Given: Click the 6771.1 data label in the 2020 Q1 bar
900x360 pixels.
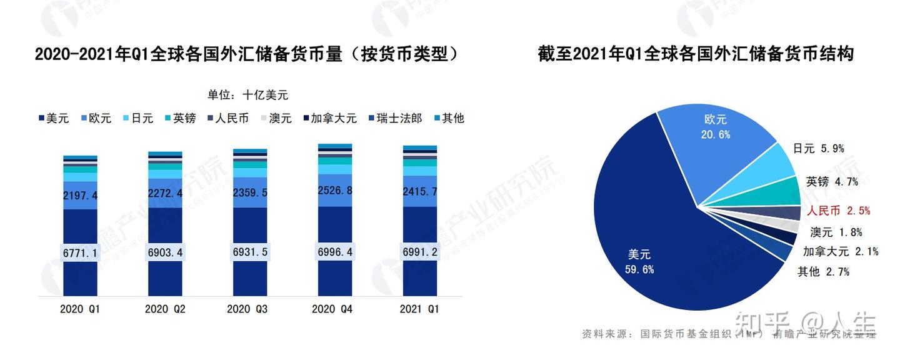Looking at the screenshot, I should [80, 253].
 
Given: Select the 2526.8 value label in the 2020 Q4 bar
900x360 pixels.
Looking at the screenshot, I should [335, 190].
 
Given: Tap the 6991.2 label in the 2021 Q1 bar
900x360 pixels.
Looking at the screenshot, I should [420, 253].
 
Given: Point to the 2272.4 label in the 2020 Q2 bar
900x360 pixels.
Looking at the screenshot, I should [165, 194].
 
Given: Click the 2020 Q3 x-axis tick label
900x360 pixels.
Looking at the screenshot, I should [247, 309].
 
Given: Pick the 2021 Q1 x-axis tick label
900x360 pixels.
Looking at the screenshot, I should [419, 309].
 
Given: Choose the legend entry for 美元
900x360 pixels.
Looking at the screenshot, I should [54, 118].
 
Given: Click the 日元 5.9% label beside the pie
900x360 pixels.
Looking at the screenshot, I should [818, 149].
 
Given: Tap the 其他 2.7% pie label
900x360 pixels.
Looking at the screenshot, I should [823, 272].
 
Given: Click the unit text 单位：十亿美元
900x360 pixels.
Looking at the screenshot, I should [248, 95].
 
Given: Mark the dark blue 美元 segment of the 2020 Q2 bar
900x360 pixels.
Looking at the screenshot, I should [165, 275].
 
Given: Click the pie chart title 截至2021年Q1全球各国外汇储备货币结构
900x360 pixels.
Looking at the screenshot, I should [696, 54].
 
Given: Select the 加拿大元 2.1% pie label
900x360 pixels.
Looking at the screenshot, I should [841, 252].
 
